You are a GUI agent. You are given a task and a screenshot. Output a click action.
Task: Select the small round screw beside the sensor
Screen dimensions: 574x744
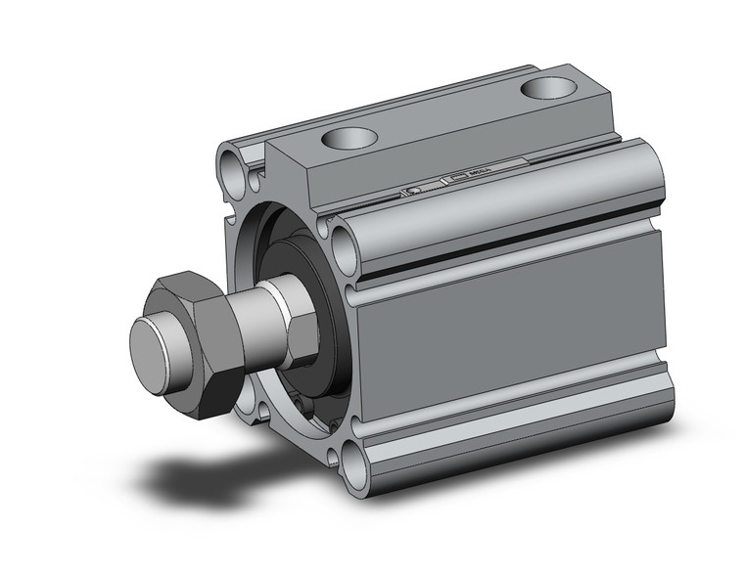415,188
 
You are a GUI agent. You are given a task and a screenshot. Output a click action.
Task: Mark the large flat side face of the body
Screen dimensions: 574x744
509,332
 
